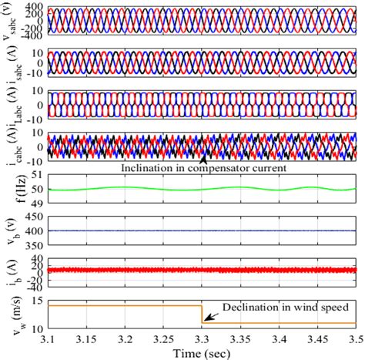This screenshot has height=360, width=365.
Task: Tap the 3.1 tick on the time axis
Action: [48, 338]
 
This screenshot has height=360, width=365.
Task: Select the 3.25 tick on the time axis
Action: [163, 338]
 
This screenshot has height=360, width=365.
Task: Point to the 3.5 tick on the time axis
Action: [355, 338]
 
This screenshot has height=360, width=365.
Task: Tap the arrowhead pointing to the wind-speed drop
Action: [205, 318]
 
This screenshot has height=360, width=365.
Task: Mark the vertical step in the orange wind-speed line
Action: [202, 314]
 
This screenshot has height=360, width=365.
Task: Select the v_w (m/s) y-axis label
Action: [13, 314]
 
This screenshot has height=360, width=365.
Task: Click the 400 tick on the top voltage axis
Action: [35, 5]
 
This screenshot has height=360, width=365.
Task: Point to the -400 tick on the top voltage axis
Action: [32, 36]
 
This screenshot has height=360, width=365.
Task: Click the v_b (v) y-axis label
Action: [15, 231]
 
